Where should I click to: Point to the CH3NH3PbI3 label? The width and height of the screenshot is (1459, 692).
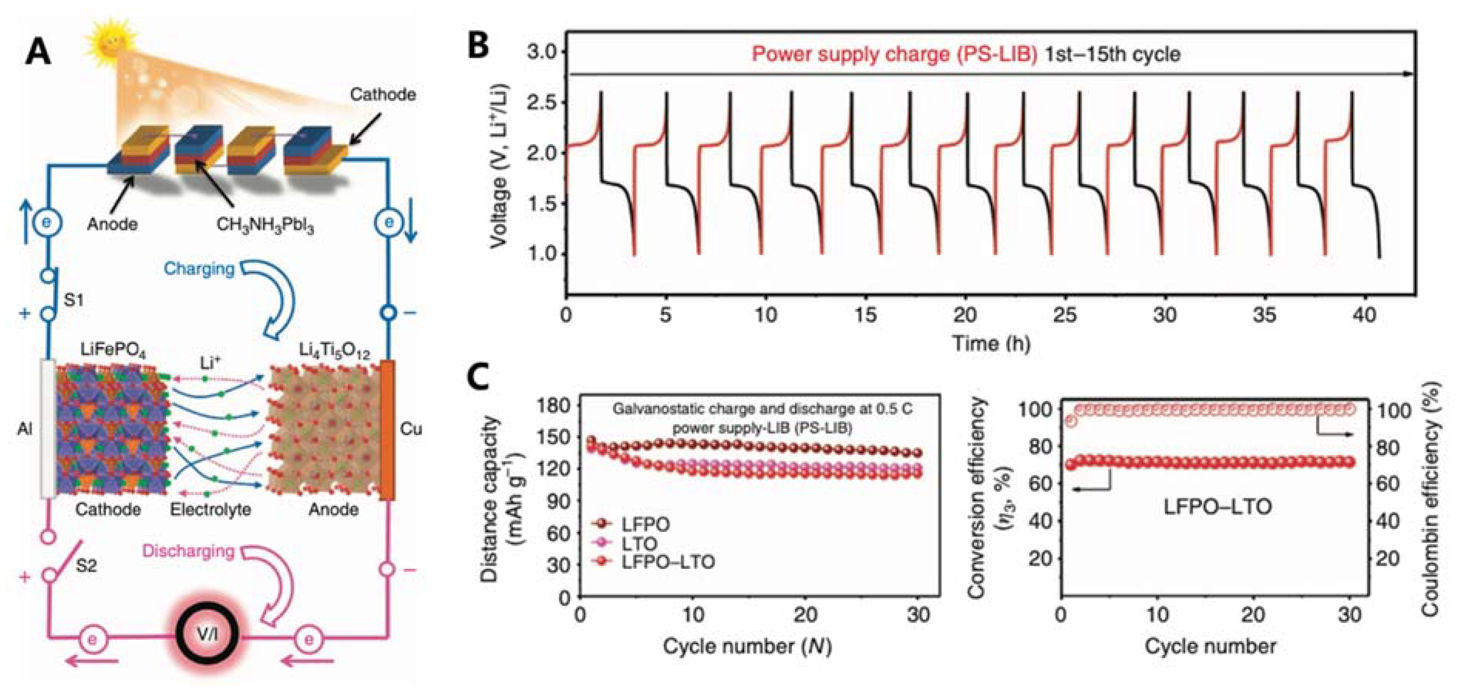pyautogui.click(x=265, y=225)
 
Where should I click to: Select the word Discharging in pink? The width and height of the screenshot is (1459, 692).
pyautogui.click(x=188, y=551)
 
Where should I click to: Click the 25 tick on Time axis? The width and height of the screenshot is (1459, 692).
pyautogui.click(x=1065, y=315)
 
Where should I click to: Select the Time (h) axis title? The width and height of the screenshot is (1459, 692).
pyautogui.click(x=991, y=343)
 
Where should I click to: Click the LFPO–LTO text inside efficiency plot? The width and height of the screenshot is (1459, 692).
pyautogui.click(x=1217, y=506)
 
